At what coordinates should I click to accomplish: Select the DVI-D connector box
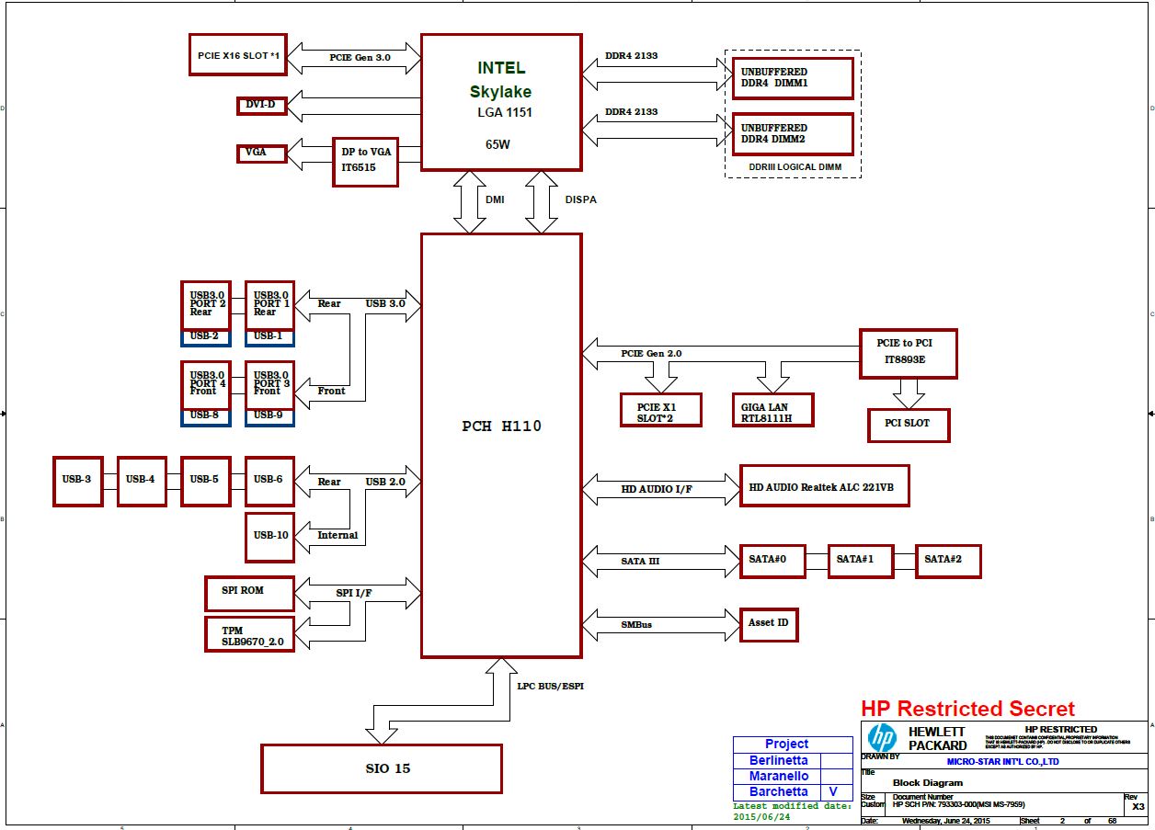pos(261,106)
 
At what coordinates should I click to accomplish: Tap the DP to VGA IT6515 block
pos(365,162)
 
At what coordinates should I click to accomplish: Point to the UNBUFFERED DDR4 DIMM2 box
pos(793,134)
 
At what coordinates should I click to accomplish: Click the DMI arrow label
pos(495,199)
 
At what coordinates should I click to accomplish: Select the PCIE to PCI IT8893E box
pos(908,353)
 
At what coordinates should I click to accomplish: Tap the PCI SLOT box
pos(909,425)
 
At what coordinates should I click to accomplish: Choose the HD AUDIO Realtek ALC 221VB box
pos(824,486)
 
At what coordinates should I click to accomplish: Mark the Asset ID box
pos(768,624)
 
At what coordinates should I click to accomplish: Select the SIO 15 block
pos(382,768)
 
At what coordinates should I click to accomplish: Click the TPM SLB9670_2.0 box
pos(249,634)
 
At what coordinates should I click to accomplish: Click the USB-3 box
pos(77,481)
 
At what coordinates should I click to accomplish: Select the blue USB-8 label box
pos(205,416)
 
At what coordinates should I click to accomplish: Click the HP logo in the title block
pos(882,738)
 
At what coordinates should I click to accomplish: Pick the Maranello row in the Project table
pos(779,777)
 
